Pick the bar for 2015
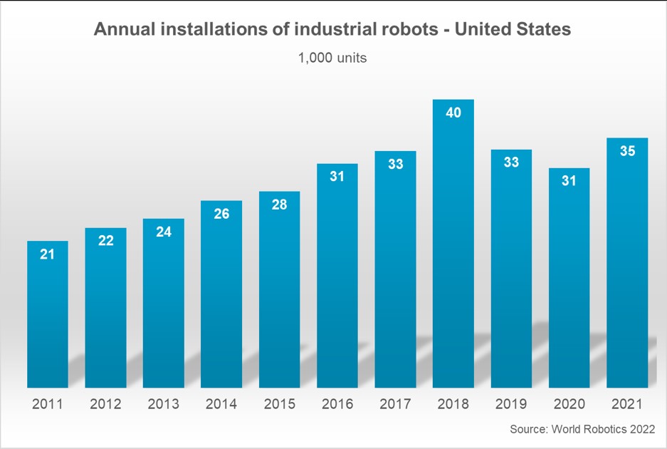279,292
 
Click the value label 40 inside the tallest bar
453,113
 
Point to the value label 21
48,254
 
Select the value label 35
627,151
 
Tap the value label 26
221,214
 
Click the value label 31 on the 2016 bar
337,177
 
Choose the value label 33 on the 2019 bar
511,162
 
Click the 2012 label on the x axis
105,404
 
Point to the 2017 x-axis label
395,404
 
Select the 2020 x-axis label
569,404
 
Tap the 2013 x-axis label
163,404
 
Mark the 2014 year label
221,404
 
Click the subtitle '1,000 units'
332,58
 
